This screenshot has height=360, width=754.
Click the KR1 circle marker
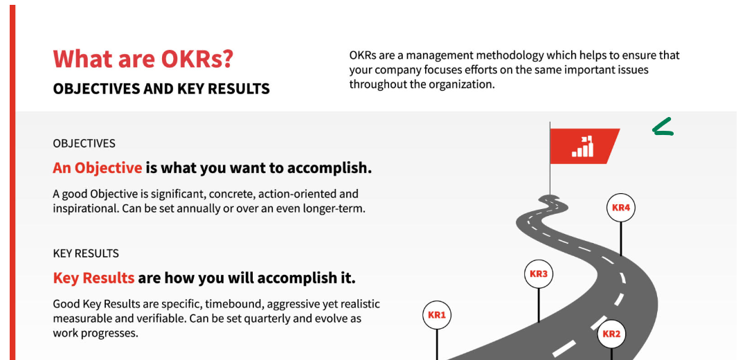(437, 315)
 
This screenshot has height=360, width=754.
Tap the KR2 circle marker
(611, 334)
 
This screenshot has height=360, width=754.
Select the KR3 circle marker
(539, 274)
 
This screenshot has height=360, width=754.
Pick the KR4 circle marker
(621, 208)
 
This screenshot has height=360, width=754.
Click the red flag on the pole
(585, 146)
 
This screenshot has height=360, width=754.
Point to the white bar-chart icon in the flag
(582, 147)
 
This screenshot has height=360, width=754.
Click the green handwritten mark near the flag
(662, 127)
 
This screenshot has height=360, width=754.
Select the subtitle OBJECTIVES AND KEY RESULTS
(161, 89)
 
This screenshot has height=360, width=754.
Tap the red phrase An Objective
(97, 168)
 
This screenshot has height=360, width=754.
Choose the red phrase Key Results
(93, 278)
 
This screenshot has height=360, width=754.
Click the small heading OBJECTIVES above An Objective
(84, 143)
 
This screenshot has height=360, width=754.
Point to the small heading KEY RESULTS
(86, 253)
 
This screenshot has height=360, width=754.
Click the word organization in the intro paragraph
(464, 84)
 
